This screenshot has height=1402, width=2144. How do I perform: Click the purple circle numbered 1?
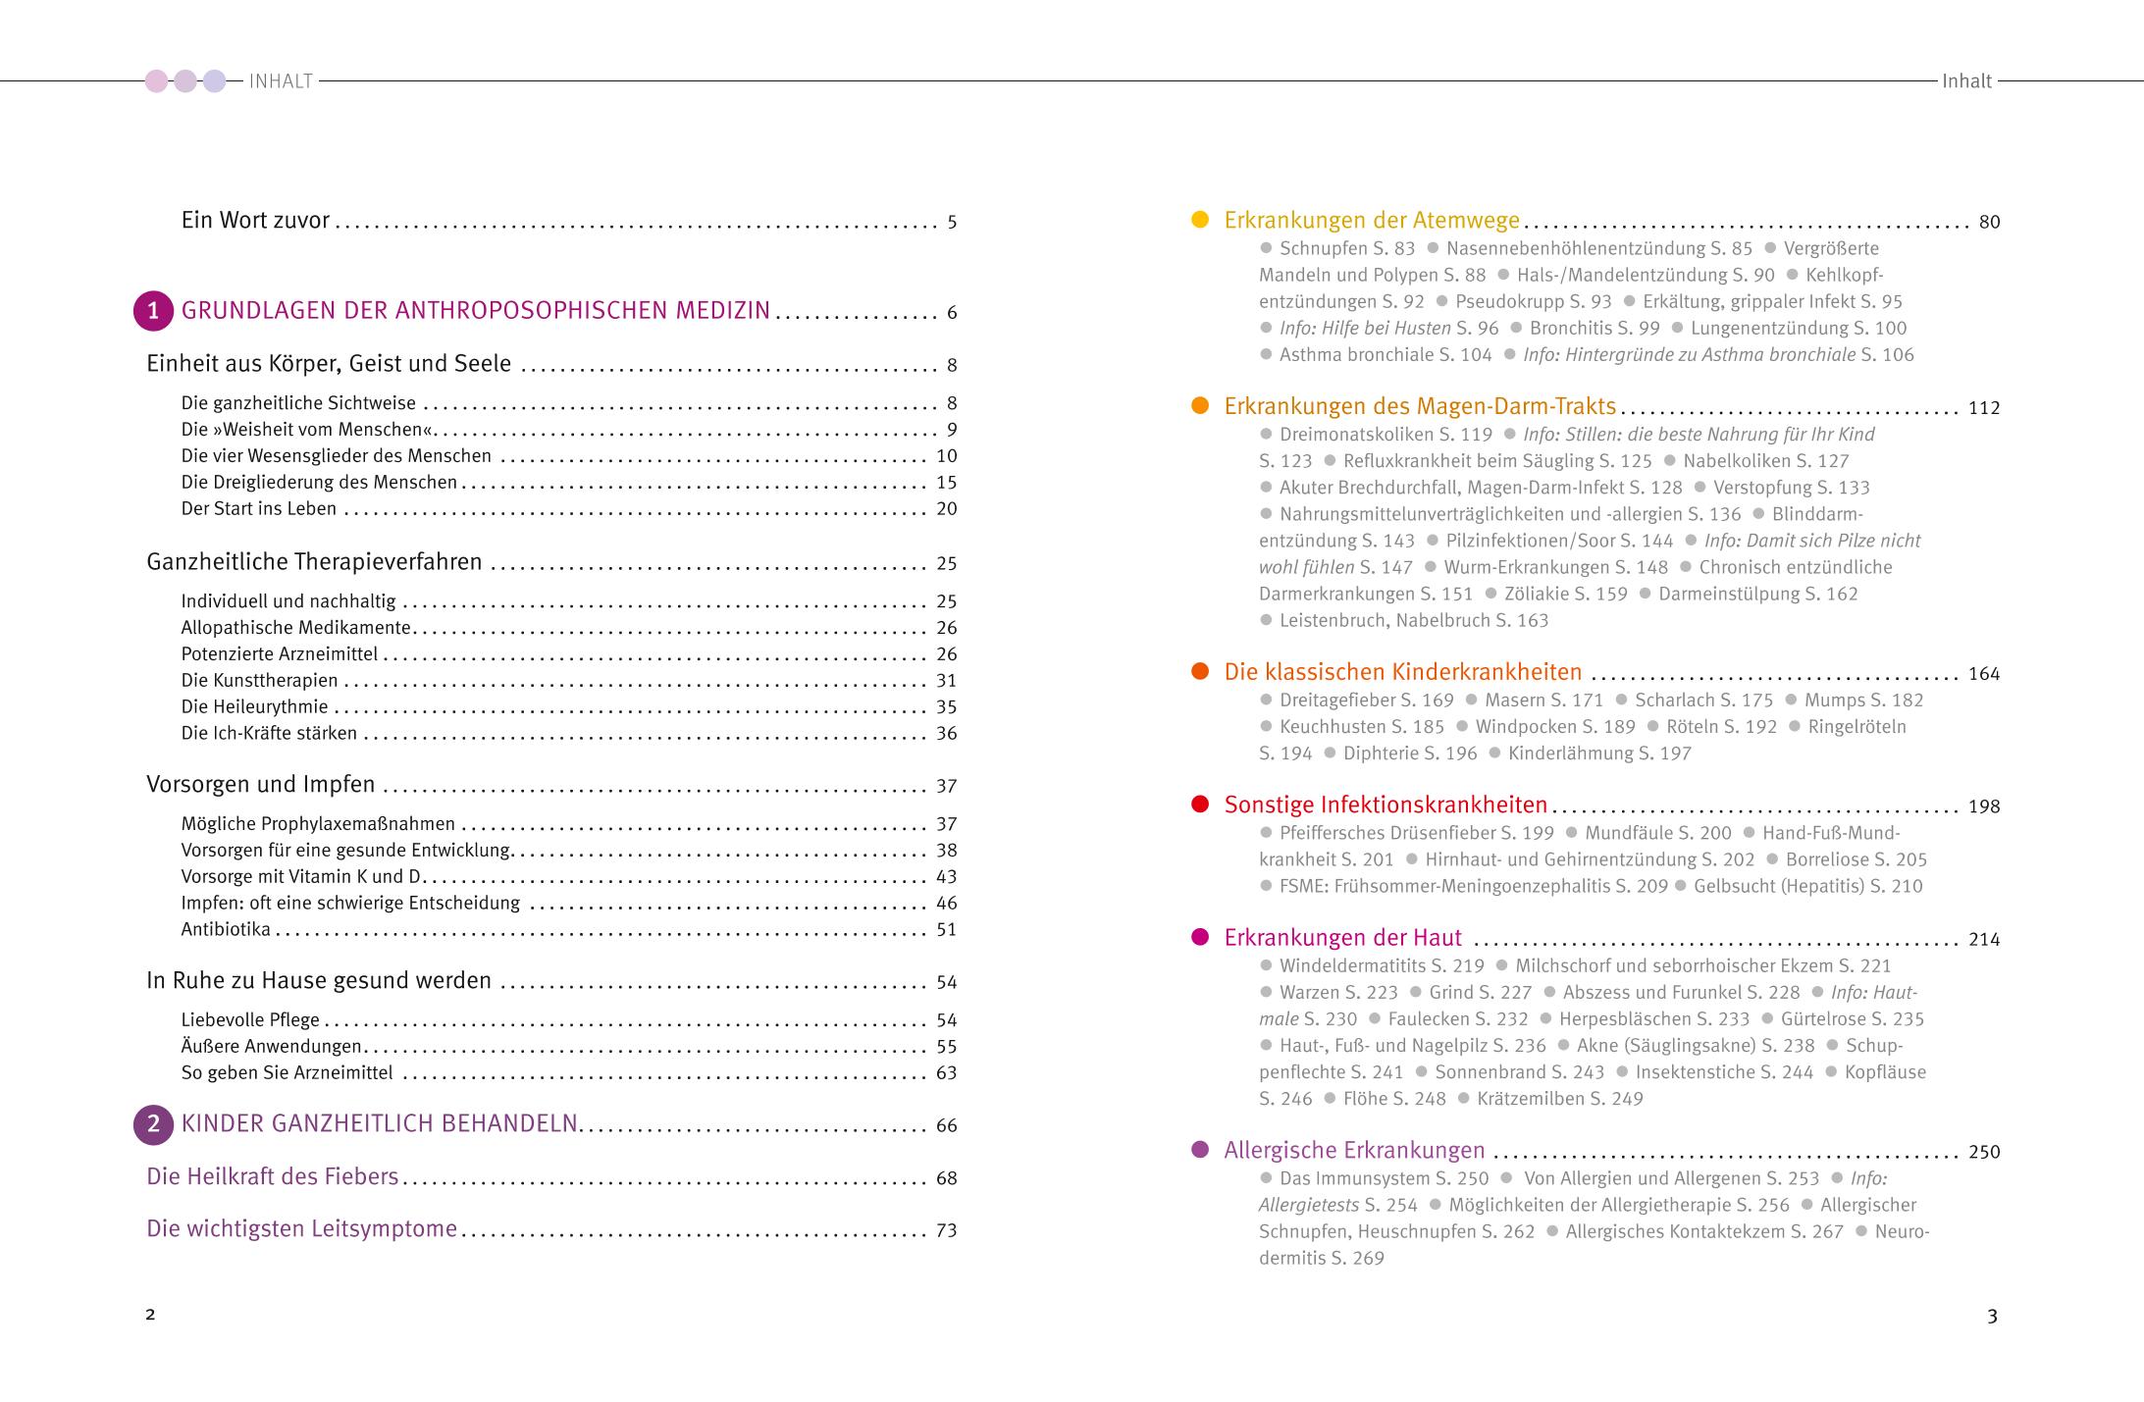(153, 312)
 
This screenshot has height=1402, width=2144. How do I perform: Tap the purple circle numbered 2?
(153, 1125)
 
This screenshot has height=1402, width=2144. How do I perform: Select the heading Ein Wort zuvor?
(255, 221)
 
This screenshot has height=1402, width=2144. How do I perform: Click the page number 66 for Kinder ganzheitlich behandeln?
(946, 1126)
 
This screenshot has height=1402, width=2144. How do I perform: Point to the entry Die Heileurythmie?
(254, 707)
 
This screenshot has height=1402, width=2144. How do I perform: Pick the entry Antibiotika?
(226, 930)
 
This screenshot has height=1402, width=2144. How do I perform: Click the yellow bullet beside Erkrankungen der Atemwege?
(1199, 221)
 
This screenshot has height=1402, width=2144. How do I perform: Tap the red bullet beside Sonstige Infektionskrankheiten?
(1199, 805)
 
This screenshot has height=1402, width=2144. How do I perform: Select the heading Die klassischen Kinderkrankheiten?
(1402, 673)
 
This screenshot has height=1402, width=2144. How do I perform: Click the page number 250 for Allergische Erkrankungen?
(1983, 1153)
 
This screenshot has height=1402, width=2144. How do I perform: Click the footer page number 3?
(1992, 1317)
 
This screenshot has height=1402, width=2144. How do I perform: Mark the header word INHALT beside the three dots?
(281, 81)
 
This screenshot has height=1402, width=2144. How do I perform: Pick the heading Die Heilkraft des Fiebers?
(273, 1177)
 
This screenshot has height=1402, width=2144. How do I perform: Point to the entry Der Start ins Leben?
(259, 509)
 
